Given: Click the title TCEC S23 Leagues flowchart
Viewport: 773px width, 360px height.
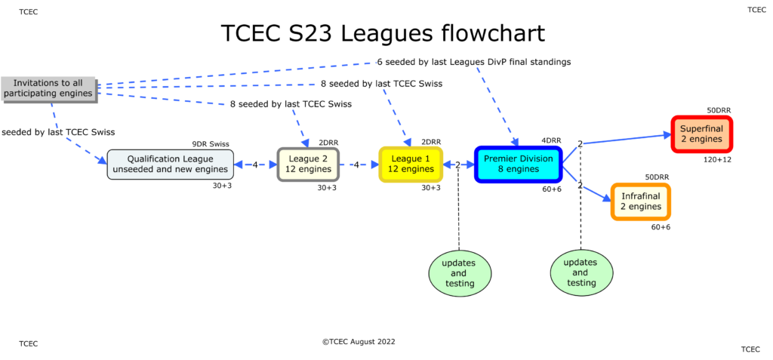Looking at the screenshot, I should (x=383, y=34).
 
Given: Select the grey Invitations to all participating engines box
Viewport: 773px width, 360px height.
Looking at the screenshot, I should (x=48, y=88).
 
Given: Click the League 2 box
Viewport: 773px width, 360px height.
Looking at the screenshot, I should (x=308, y=164).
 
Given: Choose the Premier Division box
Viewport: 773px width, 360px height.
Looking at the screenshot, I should (x=518, y=164).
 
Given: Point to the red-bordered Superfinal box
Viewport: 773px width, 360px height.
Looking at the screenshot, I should (x=701, y=134).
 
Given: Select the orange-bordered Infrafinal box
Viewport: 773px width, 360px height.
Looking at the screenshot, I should (x=640, y=202).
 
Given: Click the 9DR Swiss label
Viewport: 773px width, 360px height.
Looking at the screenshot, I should (x=211, y=143).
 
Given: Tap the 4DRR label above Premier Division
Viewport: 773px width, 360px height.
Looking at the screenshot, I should (x=551, y=140).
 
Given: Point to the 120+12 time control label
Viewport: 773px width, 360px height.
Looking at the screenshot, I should (x=716, y=159).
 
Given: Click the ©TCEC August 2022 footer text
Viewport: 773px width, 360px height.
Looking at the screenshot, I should (x=359, y=341).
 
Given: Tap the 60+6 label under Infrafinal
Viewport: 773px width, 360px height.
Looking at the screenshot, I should (x=659, y=226).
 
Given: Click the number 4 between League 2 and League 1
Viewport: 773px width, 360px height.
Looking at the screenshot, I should (x=375, y=165).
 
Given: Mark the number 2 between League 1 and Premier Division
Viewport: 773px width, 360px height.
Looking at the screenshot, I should (x=457, y=165).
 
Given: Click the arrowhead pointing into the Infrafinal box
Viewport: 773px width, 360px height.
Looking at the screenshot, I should (x=605, y=199).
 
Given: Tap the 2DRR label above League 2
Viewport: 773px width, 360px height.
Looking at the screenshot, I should (x=328, y=142).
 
